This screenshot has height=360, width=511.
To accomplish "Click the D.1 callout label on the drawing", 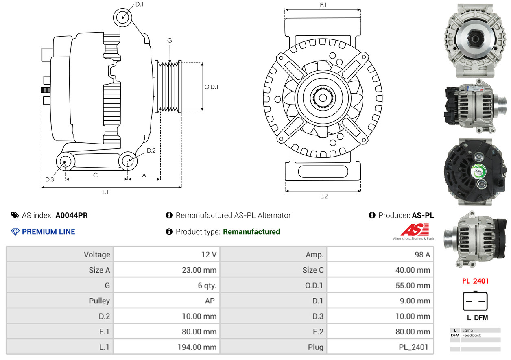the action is (139, 4).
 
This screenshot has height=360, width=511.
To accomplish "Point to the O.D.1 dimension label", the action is (211, 87).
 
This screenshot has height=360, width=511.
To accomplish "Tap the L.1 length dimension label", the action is (105, 192).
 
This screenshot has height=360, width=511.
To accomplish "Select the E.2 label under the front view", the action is (324, 196).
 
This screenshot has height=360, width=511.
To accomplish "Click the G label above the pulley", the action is (170, 40).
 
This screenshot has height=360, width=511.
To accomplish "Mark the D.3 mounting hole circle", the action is (66, 161).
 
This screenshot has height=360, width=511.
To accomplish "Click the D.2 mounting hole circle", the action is (128, 161).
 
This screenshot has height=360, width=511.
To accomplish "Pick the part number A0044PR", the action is (72, 215).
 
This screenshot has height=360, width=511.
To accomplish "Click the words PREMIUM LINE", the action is (48, 232).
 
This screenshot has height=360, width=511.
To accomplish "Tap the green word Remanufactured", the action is (251, 232).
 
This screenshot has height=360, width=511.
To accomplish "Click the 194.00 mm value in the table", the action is (197, 347).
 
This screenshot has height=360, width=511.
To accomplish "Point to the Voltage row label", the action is (97, 255).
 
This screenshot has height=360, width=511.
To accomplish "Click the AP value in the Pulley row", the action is (210, 301).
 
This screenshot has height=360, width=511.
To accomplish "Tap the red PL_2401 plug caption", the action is (476, 281).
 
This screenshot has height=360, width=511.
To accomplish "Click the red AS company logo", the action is (415, 229).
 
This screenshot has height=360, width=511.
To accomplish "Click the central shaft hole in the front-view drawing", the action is (323, 98).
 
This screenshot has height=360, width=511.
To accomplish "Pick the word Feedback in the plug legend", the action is (472, 335).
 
